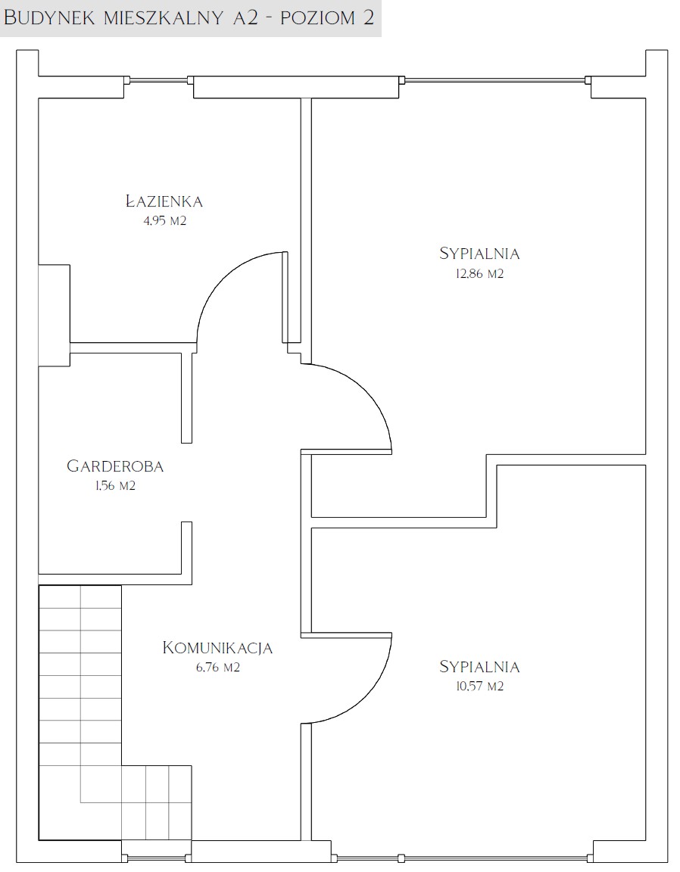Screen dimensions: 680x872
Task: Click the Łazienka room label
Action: point(164,201)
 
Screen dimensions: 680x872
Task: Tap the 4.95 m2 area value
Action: point(165,221)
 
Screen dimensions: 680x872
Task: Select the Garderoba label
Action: point(115,466)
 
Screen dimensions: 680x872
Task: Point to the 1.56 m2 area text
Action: point(115,486)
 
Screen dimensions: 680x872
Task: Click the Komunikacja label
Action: point(217,648)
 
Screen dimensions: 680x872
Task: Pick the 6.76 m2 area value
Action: point(217,668)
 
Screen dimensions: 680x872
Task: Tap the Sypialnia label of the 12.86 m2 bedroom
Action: point(479,254)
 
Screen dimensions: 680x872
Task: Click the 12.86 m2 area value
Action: point(479,273)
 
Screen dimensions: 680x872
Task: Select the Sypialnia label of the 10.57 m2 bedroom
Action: point(479,666)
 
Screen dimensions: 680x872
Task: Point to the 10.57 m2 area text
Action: point(479,687)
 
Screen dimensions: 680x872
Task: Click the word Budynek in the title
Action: point(49,17)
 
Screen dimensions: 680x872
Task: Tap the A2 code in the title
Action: point(245,17)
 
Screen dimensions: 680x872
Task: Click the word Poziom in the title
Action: point(318,17)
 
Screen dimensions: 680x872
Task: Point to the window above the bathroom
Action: point(158,80)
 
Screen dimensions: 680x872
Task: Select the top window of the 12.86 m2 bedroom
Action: point(494,80)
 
